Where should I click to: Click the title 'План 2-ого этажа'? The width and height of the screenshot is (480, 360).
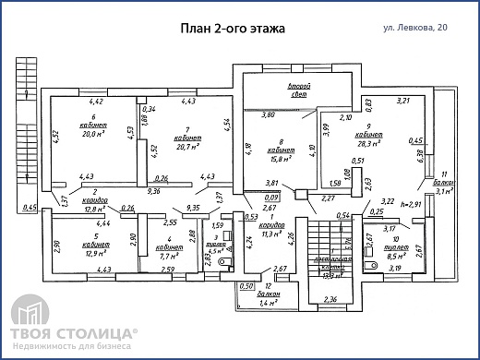(232, 29)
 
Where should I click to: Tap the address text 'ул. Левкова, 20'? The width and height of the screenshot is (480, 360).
(421, 30)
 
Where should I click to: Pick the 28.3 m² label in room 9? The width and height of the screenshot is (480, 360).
(377, 143)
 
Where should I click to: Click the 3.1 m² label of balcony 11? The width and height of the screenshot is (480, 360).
(444, 191)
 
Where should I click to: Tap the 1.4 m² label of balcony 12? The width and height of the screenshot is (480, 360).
(269, 303)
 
